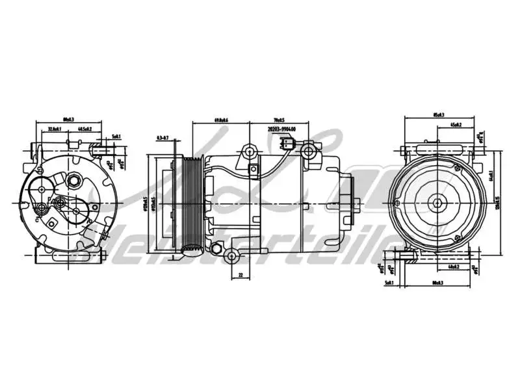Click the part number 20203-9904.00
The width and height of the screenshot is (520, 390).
[281, 129]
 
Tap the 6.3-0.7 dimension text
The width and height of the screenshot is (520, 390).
[162, 138]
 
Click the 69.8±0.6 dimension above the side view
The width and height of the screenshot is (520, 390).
[222, 120]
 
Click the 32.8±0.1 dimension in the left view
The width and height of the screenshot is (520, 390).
[55, 129]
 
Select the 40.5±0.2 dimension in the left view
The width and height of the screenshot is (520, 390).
[84, 129]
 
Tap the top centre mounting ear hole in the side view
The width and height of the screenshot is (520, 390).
[248, 153]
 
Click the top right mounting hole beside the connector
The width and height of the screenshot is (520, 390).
[309, 152]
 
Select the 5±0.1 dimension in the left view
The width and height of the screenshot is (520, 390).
[116, 136]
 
